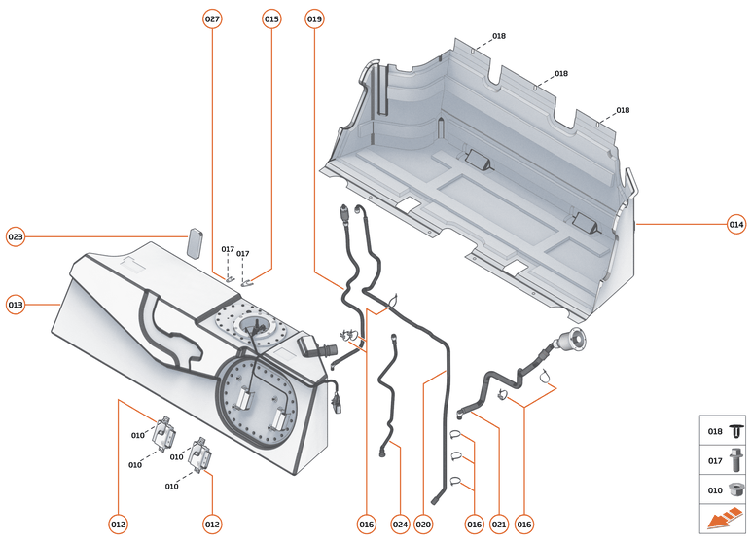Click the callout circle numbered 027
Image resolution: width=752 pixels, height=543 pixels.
(x=212, y=19)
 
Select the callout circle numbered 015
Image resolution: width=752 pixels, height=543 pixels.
(x=271, y=19)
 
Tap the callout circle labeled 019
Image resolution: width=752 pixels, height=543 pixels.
(x=314, y=19)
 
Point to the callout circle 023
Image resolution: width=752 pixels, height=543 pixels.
(x=16, y=236)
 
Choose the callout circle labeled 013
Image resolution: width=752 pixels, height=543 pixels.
(x=16, y=304)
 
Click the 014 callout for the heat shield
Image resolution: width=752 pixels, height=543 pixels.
(x=735, y=225)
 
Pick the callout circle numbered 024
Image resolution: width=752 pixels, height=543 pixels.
(x=400, y=524)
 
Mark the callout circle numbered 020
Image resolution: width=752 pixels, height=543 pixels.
(x=423, y=524)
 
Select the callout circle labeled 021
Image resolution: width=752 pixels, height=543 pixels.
(x=499, y=524)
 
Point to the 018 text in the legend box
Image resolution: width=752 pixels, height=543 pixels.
(x=714, y=429)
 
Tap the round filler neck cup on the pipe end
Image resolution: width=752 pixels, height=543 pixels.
(x=568, y=341)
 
